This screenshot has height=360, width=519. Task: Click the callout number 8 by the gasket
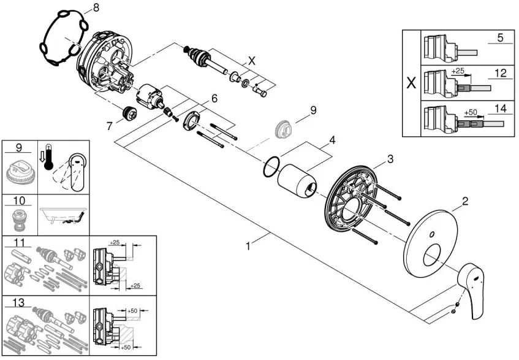point(96,8)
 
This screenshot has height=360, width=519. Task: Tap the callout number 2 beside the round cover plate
point(465,201)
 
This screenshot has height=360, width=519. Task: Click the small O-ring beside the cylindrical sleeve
point(271,167)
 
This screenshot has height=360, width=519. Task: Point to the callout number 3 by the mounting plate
point(390,159)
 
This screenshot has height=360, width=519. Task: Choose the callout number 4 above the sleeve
point(332,140)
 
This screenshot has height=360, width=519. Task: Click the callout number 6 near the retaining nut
point(214,98)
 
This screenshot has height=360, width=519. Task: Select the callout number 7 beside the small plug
point(110,126)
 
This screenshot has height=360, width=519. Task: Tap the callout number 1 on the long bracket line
point(248,246)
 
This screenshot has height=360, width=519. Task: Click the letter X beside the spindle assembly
point(252,61)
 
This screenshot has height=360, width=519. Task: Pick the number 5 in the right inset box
point(500,37)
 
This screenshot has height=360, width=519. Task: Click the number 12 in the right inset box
point(500,73)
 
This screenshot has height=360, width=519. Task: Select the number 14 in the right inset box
point(501,109)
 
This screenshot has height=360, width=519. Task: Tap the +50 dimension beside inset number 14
point(471,112)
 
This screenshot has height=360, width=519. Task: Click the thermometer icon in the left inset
point(48,157)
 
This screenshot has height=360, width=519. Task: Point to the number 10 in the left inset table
point(19,201)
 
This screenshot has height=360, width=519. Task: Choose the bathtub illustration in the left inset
point(63,215)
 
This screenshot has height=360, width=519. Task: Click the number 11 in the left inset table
point(20,243)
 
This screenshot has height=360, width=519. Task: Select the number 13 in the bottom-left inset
point(19,302)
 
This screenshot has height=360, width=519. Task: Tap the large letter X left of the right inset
point(411,83)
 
